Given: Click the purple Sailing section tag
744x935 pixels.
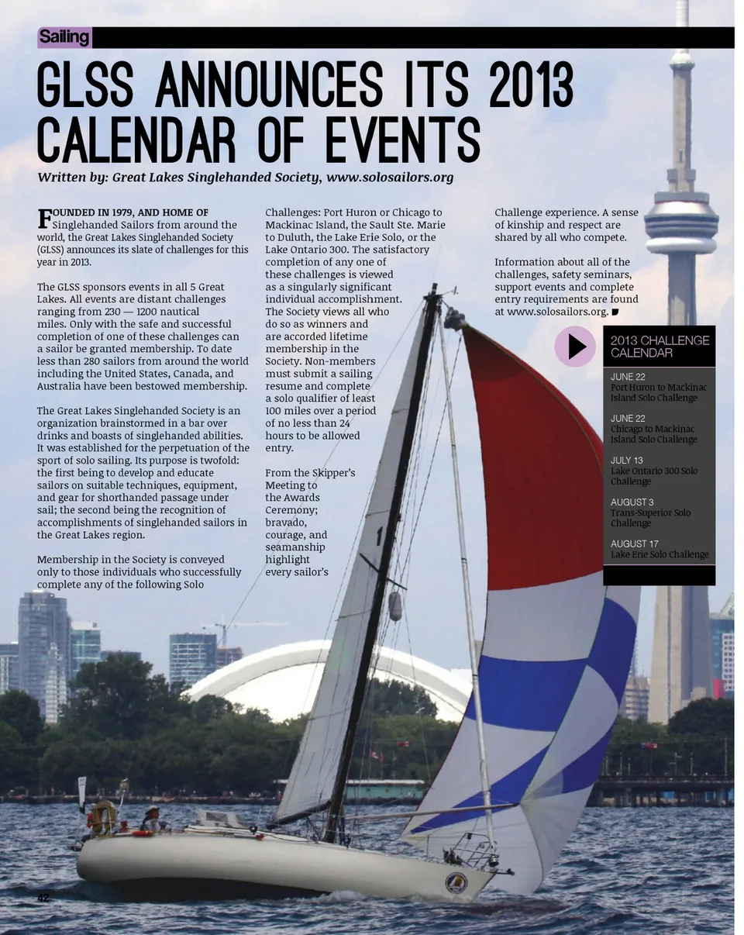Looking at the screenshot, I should click(x=64, y=37).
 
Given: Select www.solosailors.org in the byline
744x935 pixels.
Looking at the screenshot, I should click(x=390, y=178).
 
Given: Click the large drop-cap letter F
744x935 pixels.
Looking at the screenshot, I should click(x=44, y=219).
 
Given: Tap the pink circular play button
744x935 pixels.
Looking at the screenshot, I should click(x=575, y=346).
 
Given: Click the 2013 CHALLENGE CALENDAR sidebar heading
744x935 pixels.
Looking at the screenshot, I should click(x=659, y=347).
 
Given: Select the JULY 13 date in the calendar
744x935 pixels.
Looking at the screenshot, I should click(x=626, y=460).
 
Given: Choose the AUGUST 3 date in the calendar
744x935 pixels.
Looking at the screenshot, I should click(x=632, y=502).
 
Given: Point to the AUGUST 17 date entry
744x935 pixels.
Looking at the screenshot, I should click(x=634, y=543).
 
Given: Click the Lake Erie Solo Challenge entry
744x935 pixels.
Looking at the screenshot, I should click(x=660, y=554).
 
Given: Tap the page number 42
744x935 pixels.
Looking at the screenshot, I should click(x=43, y=898).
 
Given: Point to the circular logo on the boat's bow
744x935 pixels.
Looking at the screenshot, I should click(x=456, y=882).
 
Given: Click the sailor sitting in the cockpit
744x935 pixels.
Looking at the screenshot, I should click(x=153, y=819).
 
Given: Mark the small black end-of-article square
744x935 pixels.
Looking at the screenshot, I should click(x=615, y=312).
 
